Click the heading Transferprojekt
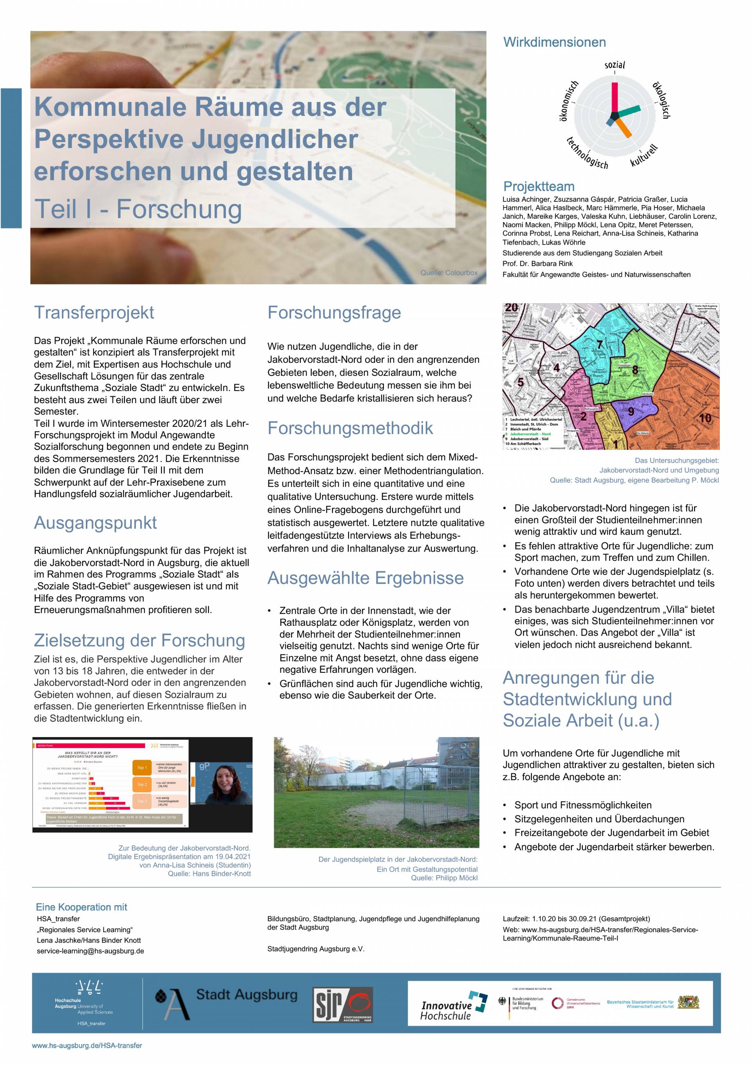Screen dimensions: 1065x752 pos(94,313)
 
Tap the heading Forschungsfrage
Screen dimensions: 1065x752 pos(334,313)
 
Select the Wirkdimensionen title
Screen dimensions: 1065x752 pos(554,42)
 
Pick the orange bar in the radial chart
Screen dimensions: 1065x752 pos(624,128)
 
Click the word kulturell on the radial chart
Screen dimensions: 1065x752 pos(644,156)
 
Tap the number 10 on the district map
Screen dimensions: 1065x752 pos(704,418)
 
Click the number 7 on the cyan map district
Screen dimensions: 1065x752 pos(600,345)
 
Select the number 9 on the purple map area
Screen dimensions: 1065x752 pos(631,411)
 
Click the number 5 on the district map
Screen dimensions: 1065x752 pos(521,382)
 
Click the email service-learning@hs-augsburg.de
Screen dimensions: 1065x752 pos(90,951)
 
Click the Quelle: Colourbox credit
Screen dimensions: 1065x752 pos(448,273)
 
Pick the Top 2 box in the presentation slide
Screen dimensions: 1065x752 pos(142,784)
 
